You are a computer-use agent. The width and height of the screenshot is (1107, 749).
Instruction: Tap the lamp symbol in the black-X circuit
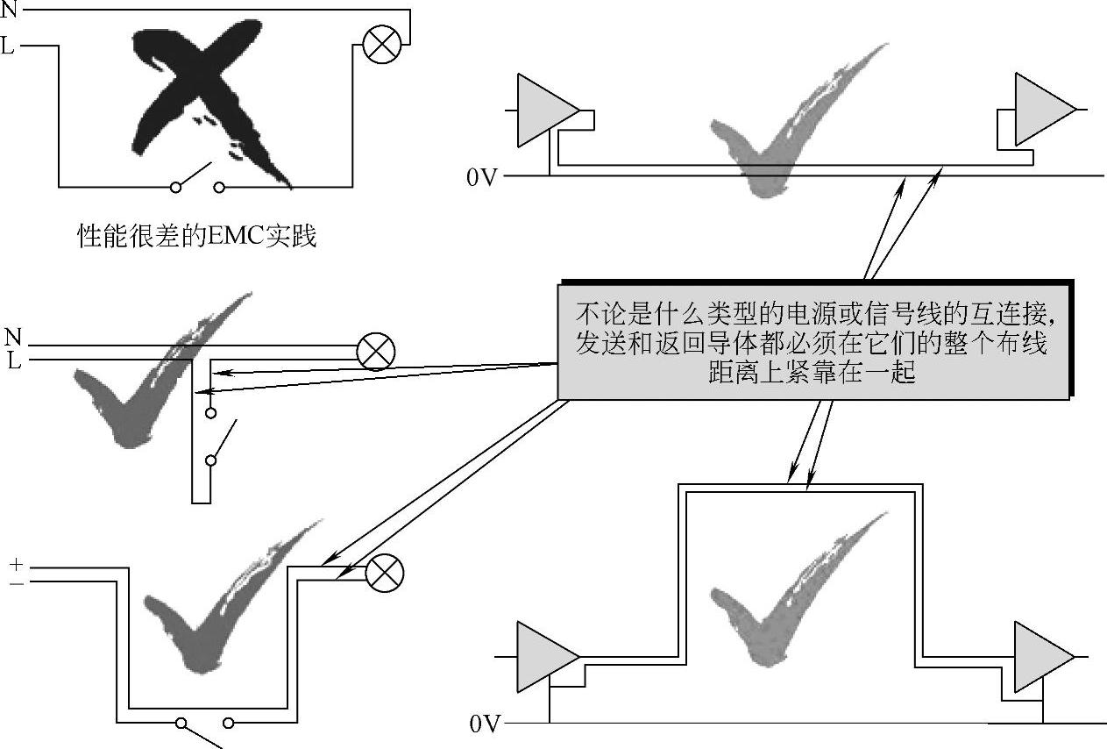pos(382,43)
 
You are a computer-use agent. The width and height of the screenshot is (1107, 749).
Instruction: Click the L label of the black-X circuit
pos(8,46)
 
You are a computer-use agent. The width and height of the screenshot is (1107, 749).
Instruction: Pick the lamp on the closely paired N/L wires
pos(375,353)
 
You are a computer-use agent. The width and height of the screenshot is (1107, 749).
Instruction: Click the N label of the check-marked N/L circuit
pos(12,337)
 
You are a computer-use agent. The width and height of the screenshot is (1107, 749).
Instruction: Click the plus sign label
pos(18,564)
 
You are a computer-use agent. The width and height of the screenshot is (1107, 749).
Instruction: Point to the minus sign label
pos(18,582)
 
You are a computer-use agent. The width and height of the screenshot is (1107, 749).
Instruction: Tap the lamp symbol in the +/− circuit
pos(383,574)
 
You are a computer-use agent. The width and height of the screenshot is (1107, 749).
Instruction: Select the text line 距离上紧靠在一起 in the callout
pos(813,373)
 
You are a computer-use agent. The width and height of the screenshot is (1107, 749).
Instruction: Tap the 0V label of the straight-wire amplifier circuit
pos(482,178)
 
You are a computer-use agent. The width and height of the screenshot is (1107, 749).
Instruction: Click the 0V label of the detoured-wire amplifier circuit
pos(484,724)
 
